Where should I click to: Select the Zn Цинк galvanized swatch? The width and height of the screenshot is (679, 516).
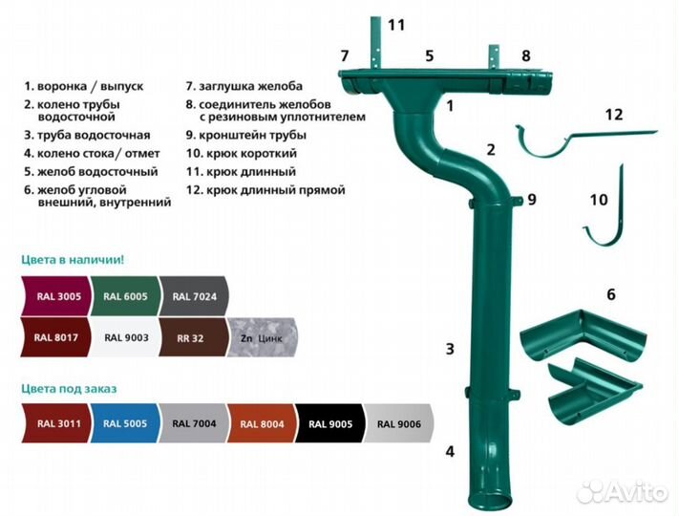(264, 336)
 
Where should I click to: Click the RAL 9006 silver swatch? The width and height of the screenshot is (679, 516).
(398, 422)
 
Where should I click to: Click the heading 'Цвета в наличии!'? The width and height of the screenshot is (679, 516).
(73, 259)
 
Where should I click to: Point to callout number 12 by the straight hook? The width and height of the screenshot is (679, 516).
(613, 115)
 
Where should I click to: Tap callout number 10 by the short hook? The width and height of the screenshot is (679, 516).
(599, 200)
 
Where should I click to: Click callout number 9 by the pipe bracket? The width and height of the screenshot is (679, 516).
(531, 200)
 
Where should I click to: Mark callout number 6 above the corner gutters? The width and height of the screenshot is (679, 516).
(611, 294)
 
